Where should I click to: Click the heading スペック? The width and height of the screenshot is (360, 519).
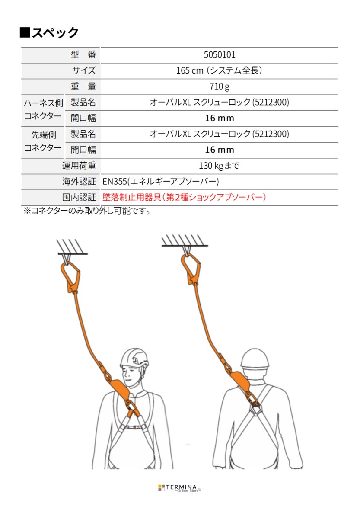coord(49,32)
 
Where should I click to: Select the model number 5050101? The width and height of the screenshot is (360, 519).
coord(219,55)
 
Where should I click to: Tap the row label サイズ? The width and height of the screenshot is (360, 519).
coord(84,70)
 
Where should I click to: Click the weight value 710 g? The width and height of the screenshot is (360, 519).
coord(219,86)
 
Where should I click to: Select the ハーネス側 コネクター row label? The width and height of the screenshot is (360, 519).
coord(43,110)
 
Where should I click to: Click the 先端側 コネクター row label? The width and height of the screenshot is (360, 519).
coord(43,142)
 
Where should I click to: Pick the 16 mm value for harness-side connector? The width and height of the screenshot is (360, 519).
coord(219,118)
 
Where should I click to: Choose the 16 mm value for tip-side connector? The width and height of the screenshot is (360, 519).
coord(219,150)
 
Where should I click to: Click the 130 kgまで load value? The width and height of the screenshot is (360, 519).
coord(219,166)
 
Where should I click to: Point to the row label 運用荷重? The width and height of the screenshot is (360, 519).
coord(79,166)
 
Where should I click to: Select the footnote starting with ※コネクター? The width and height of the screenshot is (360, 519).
coord(86,211)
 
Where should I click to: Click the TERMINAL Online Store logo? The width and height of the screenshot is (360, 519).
coord(179,488)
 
